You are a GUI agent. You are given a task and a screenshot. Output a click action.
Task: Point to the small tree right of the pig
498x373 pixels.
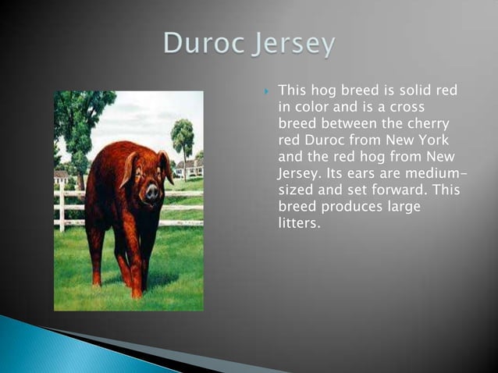183,139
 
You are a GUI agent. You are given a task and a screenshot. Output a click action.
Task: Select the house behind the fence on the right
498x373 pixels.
190,169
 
